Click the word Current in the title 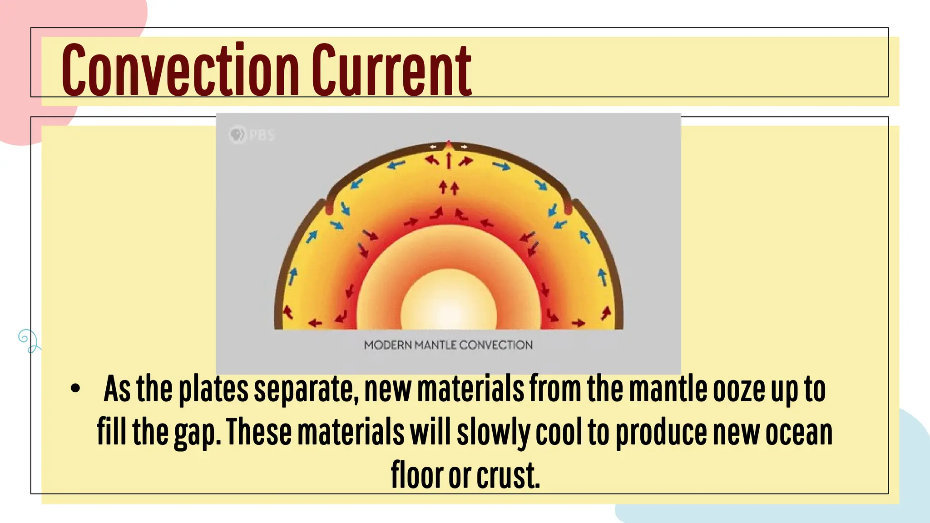click(391, 70)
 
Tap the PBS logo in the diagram click(252, 135)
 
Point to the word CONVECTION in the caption click(496, 345)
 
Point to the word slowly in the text click(493, 433)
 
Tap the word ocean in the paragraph click(799, 433)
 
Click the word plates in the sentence click(213, 390)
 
